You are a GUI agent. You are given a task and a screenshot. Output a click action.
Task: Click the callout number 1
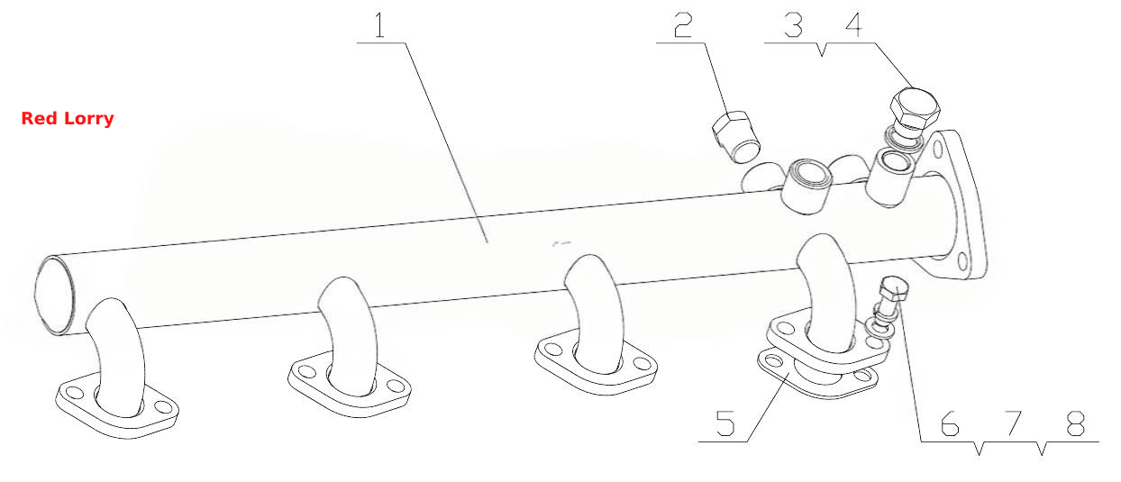click(380, 25)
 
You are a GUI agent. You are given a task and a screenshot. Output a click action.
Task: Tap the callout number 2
click(683, 25)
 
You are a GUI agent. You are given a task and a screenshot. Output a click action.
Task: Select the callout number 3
click(793, 25)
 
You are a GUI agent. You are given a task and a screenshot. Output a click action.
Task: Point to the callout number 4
click(854, 25)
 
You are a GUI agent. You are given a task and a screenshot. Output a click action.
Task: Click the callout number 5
click(725, 423)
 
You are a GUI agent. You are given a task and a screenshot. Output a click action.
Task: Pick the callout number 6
click(950, 423)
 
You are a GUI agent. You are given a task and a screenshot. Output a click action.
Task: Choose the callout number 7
click(1013, 423)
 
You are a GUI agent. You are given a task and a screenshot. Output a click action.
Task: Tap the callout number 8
click(1075, 423)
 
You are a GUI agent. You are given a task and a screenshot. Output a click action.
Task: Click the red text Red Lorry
click(68, 119)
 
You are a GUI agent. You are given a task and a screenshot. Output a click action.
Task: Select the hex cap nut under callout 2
click(735, 136)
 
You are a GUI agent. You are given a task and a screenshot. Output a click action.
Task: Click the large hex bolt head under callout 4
click(915, 108)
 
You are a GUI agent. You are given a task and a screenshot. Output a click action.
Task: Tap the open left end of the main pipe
click(54, 295)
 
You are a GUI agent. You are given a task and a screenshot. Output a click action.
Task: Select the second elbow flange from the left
click(350, 386)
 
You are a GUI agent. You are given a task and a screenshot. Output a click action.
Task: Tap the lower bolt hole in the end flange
click(962, 262)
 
